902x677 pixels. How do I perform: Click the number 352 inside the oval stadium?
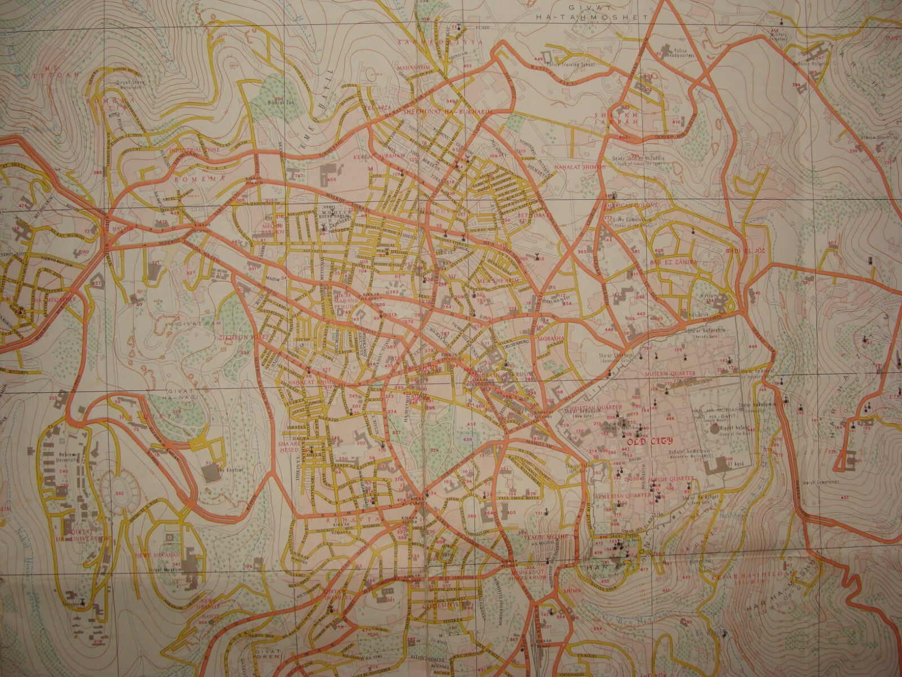click(119, 493)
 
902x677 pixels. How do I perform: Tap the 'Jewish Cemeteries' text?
click(820, 482)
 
